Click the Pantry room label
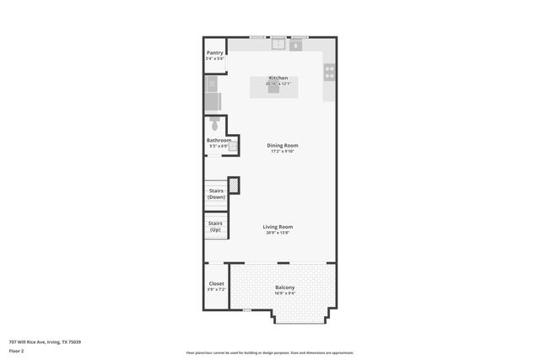click(x=215, y=52)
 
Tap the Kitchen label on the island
click(x=278, y=78)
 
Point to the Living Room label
click(x=278, y=227)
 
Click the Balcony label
click(x=284, y=288)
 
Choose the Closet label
click(x=216, y=283)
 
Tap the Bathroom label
click(x=219, y=140)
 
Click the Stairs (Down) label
click(x=216, y=194)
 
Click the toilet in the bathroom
click(x=212, y=126)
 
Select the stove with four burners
click(x=329, y=73)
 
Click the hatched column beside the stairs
click(x=234, y=185)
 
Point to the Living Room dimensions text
click(x=278, y=234)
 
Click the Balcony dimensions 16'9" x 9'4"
click(x=284, y=294)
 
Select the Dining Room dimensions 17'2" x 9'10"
click(x=283, y=152)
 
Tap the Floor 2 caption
click(x=16, y=350)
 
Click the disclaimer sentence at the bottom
click(x=269, y=352)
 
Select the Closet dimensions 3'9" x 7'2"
click(x=216, y=289)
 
